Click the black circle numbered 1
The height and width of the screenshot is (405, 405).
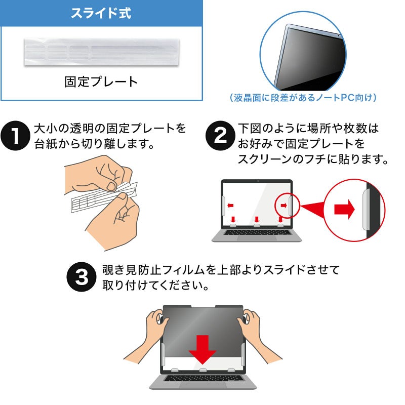[x=16, y=136]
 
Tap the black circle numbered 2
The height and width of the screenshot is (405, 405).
[x=220, y=136]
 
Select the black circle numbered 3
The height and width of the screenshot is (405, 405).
[x=82, y=277]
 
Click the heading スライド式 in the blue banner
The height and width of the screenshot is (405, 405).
[x=101, y=13]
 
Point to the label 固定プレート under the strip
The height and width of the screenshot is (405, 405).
[x=101, y=82]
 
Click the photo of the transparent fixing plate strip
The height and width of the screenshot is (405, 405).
[x=102, y=52]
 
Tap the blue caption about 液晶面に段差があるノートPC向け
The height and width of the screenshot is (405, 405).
[x=303, y=98]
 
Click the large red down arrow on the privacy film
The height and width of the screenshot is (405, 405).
[x=202, y=350]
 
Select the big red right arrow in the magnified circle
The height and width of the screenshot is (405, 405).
[x=345, y=209]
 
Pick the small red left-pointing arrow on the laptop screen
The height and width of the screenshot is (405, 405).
[x=230, y=206]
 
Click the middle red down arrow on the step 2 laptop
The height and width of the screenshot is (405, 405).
[x=257, y=220]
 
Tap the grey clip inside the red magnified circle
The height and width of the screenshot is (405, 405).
[x=366, y=209]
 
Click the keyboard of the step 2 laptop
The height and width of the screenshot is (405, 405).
[x=257, y=232]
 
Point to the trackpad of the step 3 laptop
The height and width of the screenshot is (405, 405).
[x=203, y=385]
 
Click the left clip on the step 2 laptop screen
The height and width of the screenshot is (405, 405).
[x=223, y=206]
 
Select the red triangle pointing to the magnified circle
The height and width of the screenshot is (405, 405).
[x=312, y=208]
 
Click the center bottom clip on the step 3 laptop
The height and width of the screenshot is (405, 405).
[x=203, y=370]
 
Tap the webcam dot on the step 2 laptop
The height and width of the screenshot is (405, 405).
[x=258, y=181]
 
